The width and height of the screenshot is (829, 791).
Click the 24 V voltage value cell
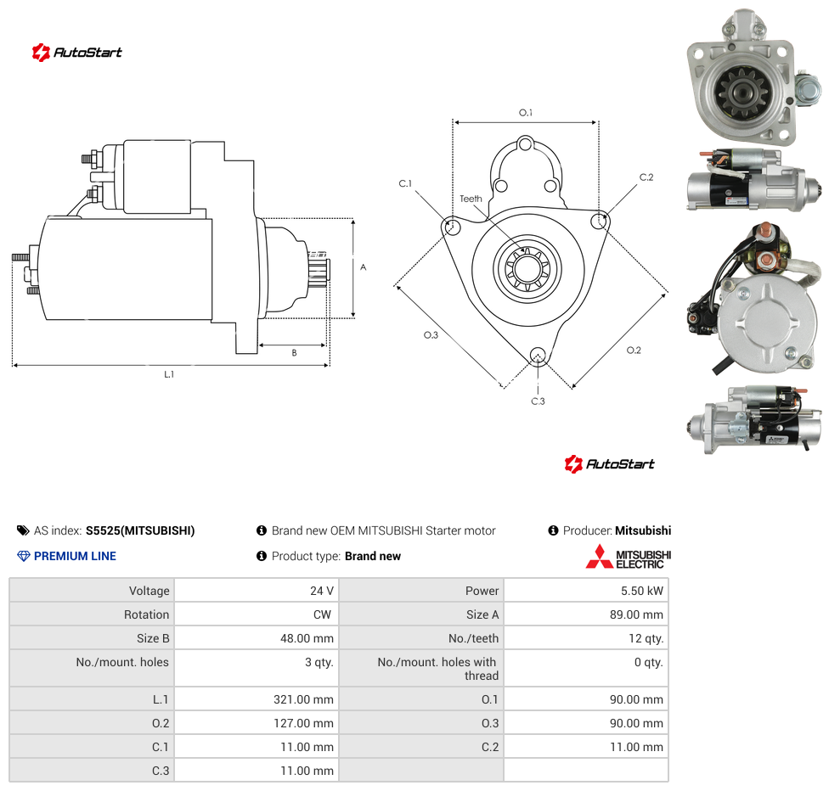[321, 591]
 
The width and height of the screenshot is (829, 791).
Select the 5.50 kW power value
[641, 591]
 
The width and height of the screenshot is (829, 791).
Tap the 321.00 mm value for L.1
[303, 699]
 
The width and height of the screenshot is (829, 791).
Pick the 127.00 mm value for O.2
[303, 723]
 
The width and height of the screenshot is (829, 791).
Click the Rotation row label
[146, 614]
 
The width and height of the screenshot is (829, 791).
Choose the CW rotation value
[322, 614]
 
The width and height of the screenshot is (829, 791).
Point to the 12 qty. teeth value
[646, 638]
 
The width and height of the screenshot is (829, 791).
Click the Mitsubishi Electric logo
[628, 557]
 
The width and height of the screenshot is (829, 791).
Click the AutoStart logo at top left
[76, 53]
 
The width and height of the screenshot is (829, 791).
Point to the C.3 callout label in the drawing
[538, 401]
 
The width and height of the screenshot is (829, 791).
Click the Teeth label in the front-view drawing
[471, 199]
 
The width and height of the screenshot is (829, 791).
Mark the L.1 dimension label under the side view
[169, 374]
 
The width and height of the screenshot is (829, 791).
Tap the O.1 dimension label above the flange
[526, 113]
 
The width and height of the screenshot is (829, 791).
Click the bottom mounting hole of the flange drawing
[538, 355]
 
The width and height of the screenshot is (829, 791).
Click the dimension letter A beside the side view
[364, 267]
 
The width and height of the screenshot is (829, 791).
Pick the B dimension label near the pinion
[295, 353]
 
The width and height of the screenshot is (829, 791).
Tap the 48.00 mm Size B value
[307, 638]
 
